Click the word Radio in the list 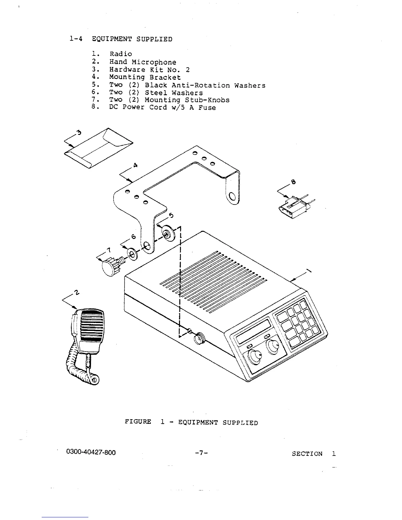[121, 54]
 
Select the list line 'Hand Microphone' [143, 62]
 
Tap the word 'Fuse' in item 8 [207, 108]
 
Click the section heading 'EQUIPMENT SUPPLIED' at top [132, 39]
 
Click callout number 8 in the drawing [293, 182]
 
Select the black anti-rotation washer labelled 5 [168, 233]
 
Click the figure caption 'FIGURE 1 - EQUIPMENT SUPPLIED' [191, 422]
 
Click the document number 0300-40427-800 [91, 452]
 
